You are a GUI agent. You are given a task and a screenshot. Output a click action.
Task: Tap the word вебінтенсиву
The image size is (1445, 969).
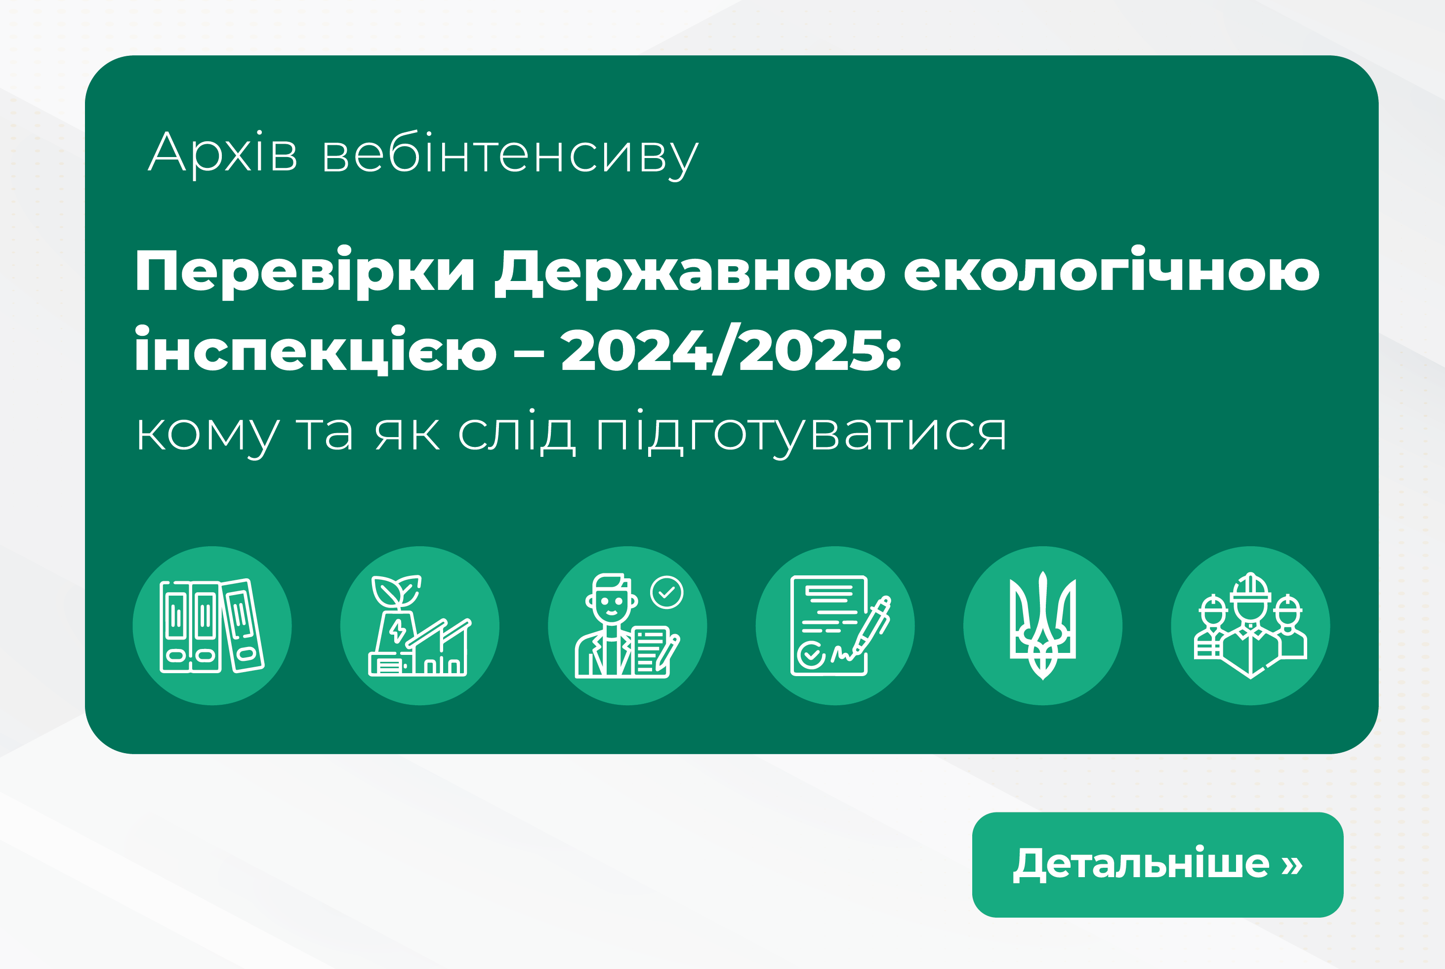pos(510,155)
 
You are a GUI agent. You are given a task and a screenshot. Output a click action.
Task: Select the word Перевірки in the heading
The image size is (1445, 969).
pos(305,272)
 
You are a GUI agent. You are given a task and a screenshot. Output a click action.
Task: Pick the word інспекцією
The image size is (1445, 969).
pos(315,350)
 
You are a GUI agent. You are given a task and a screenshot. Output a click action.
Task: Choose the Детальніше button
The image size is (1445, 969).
pos(1157,864)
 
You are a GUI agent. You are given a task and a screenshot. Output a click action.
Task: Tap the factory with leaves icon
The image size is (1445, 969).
pos(419,625)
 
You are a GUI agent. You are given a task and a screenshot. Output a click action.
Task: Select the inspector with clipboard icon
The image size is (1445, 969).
pos(627,625)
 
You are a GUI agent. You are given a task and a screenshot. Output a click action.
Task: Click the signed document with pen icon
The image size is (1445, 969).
pos(835,625)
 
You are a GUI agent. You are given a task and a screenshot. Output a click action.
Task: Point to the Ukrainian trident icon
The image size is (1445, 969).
pos(1043,625)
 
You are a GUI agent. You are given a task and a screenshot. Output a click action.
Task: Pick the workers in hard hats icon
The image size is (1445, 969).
pos(1250,625)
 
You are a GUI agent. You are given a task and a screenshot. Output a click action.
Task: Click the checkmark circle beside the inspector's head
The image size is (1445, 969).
pos(667,593)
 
